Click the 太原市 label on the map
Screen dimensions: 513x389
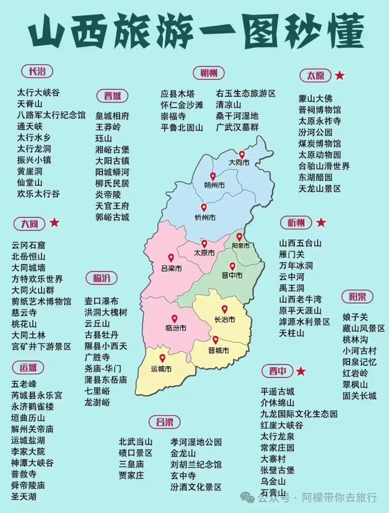204,253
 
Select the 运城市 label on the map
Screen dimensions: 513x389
161,369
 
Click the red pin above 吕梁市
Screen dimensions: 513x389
171,258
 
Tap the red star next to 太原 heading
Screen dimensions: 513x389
340,75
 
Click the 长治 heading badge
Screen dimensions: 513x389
37,71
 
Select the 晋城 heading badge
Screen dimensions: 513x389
112,96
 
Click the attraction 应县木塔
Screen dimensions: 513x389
178,94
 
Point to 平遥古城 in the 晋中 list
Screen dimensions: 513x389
277,392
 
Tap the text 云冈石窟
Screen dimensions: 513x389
28,246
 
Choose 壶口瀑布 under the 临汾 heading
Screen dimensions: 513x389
102,301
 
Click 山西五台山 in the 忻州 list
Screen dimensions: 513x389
300,243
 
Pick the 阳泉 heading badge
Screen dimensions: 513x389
357,297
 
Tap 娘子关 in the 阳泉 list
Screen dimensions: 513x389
355,317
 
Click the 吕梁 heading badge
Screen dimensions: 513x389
165,422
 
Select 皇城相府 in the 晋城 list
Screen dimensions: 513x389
112,116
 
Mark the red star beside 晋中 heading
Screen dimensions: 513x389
301,371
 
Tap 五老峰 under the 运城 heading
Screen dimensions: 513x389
24,384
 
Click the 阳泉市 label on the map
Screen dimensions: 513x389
241,246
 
